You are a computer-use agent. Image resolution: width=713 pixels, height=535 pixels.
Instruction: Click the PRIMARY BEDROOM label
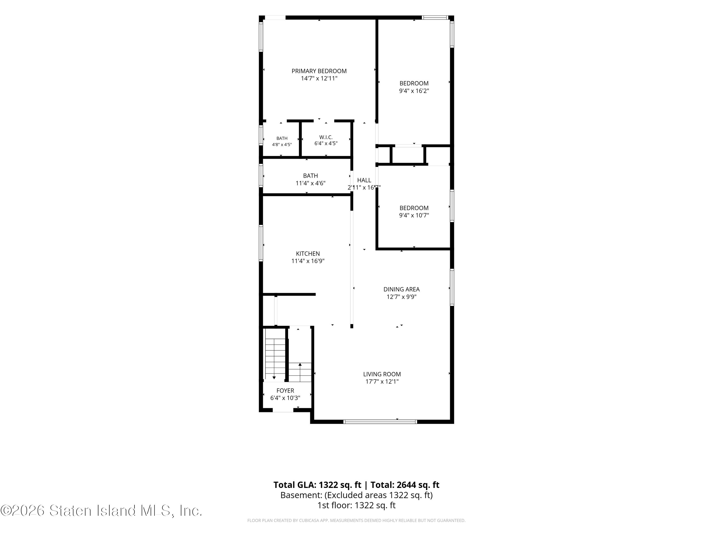coord(319,71)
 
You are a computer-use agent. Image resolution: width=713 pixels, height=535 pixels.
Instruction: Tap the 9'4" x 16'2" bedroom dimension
coord(414,91)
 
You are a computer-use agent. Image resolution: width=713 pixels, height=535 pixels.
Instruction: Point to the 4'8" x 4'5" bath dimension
coord(282,144)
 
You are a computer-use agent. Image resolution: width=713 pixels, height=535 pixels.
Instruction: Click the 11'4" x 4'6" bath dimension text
coord(310,183)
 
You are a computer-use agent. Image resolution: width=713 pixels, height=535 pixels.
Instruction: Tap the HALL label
coord(364,180)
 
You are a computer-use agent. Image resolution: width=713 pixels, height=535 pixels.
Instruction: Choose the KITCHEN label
coord(308,254)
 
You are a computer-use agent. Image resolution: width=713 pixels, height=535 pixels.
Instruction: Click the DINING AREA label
coord(401,289)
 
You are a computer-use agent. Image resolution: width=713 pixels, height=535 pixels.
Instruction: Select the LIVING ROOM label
coord(382,374)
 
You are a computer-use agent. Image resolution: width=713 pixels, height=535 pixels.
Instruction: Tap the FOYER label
coord(285,391)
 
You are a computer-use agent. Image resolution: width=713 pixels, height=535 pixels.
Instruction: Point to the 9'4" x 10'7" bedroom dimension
coord(414,215)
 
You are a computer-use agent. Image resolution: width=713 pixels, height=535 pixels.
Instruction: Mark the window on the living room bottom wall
coord(380,422)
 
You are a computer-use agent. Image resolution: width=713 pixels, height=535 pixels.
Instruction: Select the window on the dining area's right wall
coord(452,287)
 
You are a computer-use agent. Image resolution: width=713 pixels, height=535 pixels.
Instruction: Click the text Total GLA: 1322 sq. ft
coord(317,485)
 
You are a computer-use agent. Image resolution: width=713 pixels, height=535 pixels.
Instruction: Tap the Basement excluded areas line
coord(356,495)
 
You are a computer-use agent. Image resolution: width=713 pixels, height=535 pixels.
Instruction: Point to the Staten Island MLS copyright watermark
coord(101,510)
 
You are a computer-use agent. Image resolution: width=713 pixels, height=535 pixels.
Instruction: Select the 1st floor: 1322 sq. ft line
coord(356,505)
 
